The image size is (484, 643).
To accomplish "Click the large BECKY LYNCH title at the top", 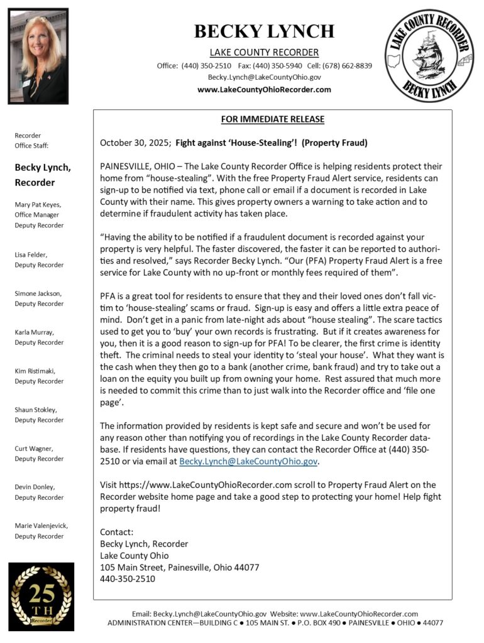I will tap(264, 31).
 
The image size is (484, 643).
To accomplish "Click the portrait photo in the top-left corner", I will tap(38, 56).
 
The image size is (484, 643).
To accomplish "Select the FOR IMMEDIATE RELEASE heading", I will tap(273, 119).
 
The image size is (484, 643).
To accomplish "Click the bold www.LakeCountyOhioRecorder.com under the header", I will tap(264, 90).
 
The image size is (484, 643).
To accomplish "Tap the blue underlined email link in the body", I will tap(248, 462).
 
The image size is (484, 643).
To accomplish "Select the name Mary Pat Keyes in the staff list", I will tap(38, 204).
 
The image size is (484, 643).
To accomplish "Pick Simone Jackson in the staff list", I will tap(38, 293).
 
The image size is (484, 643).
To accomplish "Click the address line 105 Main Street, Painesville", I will tap(179, 568).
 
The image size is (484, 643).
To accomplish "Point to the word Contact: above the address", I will tap(117, 532).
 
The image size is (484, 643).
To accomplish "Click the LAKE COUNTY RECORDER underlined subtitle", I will tap(264, 53).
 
